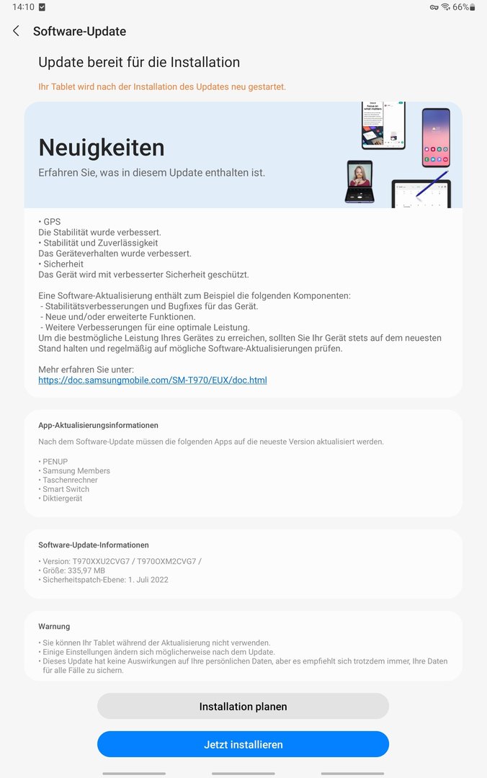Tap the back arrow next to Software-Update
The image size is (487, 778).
click(x=16, y=31)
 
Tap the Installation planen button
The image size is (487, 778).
click(x=243, y=707)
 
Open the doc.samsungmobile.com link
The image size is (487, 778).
click(x=152, y=380)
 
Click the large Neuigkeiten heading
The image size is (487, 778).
click(x=102, y=147)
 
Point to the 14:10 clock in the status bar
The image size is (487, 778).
click(x=23, y=7)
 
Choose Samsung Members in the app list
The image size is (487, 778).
click(x=76, y=471)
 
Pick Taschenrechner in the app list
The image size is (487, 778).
click(x=69, y=480)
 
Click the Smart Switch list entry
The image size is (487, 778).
click(x=65, y=489)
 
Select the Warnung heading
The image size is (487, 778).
click(x=54, y=627)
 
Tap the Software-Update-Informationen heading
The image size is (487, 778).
click(x=94, y=545)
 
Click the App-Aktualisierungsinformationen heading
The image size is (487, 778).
click(x=98, y=426)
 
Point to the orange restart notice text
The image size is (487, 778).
click(x=162, y=86)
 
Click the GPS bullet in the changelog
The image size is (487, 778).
click(x=50, y=222)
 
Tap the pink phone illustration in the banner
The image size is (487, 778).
click(x=436, y=137)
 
